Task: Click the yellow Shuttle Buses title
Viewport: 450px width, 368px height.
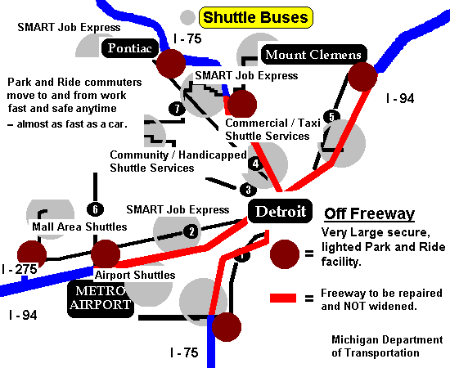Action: click(256, 17)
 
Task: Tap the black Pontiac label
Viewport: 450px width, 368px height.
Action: click(130, 48)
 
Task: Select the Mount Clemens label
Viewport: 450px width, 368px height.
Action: click(313, 54)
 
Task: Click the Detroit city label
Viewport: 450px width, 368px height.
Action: click(280, 211)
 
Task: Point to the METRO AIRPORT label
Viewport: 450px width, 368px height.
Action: click(101, 298)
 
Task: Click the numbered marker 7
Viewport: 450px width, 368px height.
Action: click(177, 109)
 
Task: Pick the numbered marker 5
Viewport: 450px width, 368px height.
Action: click(331, 117)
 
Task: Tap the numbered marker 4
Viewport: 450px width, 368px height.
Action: click(255, 164)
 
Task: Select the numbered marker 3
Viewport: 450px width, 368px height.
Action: click(248, 190)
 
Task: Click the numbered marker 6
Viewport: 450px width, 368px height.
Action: click(95, 209)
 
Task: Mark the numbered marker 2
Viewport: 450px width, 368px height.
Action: click(191, 231)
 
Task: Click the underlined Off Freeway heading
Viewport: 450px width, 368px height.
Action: click(369, 214)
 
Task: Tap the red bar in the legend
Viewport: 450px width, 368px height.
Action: click(283, 298)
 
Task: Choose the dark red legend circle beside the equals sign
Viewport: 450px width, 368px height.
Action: click(285, 254)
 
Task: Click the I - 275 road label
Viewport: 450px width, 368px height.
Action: click(20, 269)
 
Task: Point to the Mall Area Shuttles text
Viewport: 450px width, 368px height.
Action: click(79, 227)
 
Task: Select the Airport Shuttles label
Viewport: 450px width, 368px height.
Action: click(135, 275)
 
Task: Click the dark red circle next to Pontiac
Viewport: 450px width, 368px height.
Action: click(171, 64)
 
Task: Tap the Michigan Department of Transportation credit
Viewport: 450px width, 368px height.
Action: click(387, 346)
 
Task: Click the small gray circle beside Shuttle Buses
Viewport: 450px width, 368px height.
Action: click(187, 17)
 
